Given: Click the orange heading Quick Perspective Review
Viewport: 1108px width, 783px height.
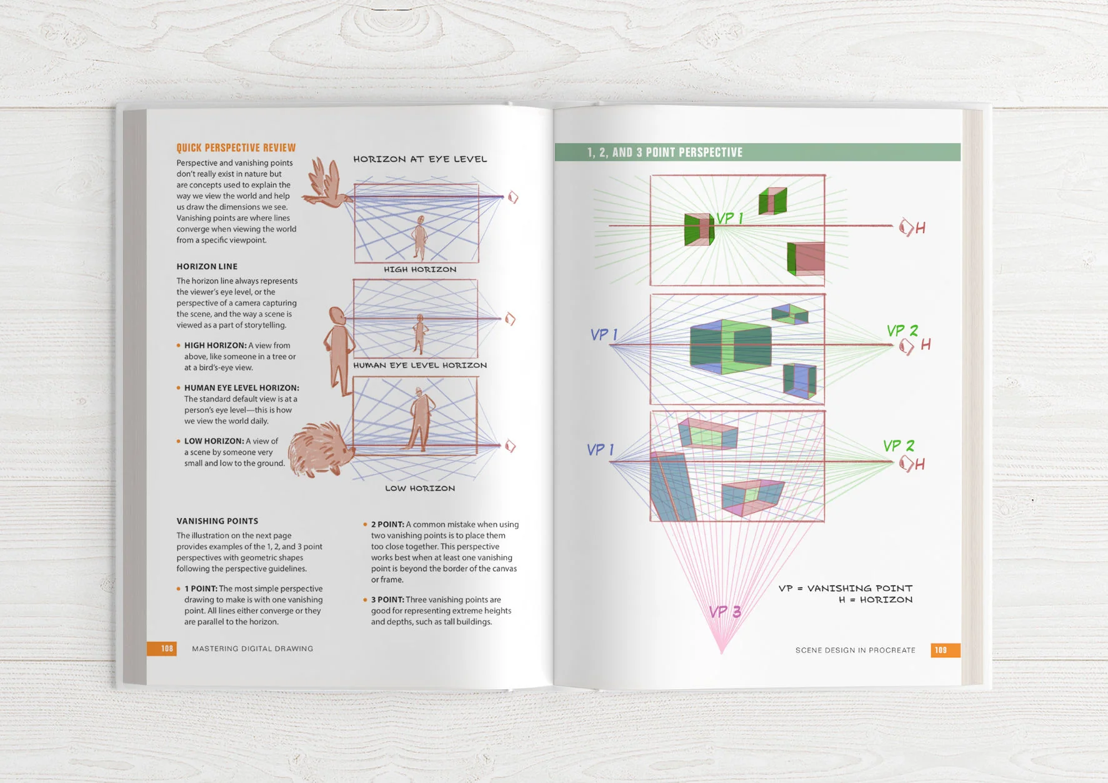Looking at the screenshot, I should pyautogui.click(x=236, y=148).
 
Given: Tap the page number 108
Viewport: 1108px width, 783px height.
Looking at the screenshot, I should pyautogui.click(x=167, y=649).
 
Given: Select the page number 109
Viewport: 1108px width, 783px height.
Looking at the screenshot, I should pyautogui.click(x=941, y=651).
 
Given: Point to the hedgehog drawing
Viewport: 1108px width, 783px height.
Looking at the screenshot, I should pyautogui.click(x=319, y=449).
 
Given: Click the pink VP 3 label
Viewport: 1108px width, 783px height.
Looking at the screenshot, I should pyautogui.click(x=725, y=612).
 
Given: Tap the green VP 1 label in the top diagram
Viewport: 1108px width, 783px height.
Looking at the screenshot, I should pyautogui.click(x=729, y=218).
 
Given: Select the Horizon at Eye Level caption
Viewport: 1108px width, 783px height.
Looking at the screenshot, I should pyautogui.click(x=420, y=159).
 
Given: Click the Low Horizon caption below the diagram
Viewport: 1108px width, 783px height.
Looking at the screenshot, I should pyautogui.click(x=420, y=489).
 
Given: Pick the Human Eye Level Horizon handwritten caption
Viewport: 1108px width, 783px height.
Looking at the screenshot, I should pyautogui.click(x=420, y=366).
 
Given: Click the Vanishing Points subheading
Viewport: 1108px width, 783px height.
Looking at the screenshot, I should pyautogui.click(x=217, y=521).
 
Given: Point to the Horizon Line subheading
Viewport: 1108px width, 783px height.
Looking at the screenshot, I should pyautogui.click(x=207, y=267).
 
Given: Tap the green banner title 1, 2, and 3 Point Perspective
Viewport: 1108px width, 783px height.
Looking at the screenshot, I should pyautogui.click(x=665, y=152).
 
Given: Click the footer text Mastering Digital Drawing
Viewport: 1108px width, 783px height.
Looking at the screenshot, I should pyautogui.click(x=252, y=649).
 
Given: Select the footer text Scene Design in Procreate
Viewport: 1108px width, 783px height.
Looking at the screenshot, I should pyautogui.click(x=855, y=651).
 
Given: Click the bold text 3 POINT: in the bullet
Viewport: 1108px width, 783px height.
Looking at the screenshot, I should pyautogui.click(x=387, y=600).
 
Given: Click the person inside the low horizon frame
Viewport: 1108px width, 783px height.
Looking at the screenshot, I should pyautogui.click(x=420, y=419).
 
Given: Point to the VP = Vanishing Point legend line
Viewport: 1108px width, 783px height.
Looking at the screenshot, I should pyautogui.click(x=846, y=589).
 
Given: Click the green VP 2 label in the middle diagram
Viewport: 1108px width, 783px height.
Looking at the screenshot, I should pyautogui.click(x=902, y=331).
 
